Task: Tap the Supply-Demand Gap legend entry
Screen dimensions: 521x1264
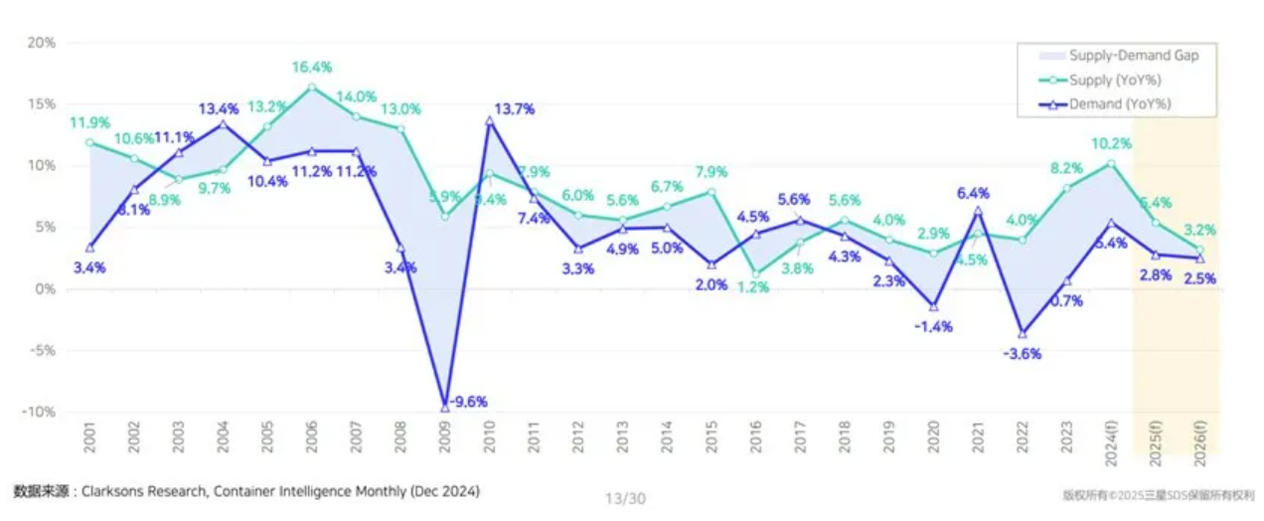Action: click(1133, 56)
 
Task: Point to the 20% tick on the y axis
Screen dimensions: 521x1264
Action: click(41, 43)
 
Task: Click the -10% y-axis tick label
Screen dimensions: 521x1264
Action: click(39, 412)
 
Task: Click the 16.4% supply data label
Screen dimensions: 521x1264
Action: click(312, 67)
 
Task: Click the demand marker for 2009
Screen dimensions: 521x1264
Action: click(445, 407)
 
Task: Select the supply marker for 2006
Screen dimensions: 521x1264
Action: click(312, 87)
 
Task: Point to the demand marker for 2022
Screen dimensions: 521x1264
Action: click(1022, 333)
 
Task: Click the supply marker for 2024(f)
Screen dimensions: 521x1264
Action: click(1110, 163)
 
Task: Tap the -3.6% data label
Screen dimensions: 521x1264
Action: click(1022, 354)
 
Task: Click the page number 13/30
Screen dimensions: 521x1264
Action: click(625, 498)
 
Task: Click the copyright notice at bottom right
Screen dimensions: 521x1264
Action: click(1158, 494)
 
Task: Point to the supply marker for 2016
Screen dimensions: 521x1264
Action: click(755, 273)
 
